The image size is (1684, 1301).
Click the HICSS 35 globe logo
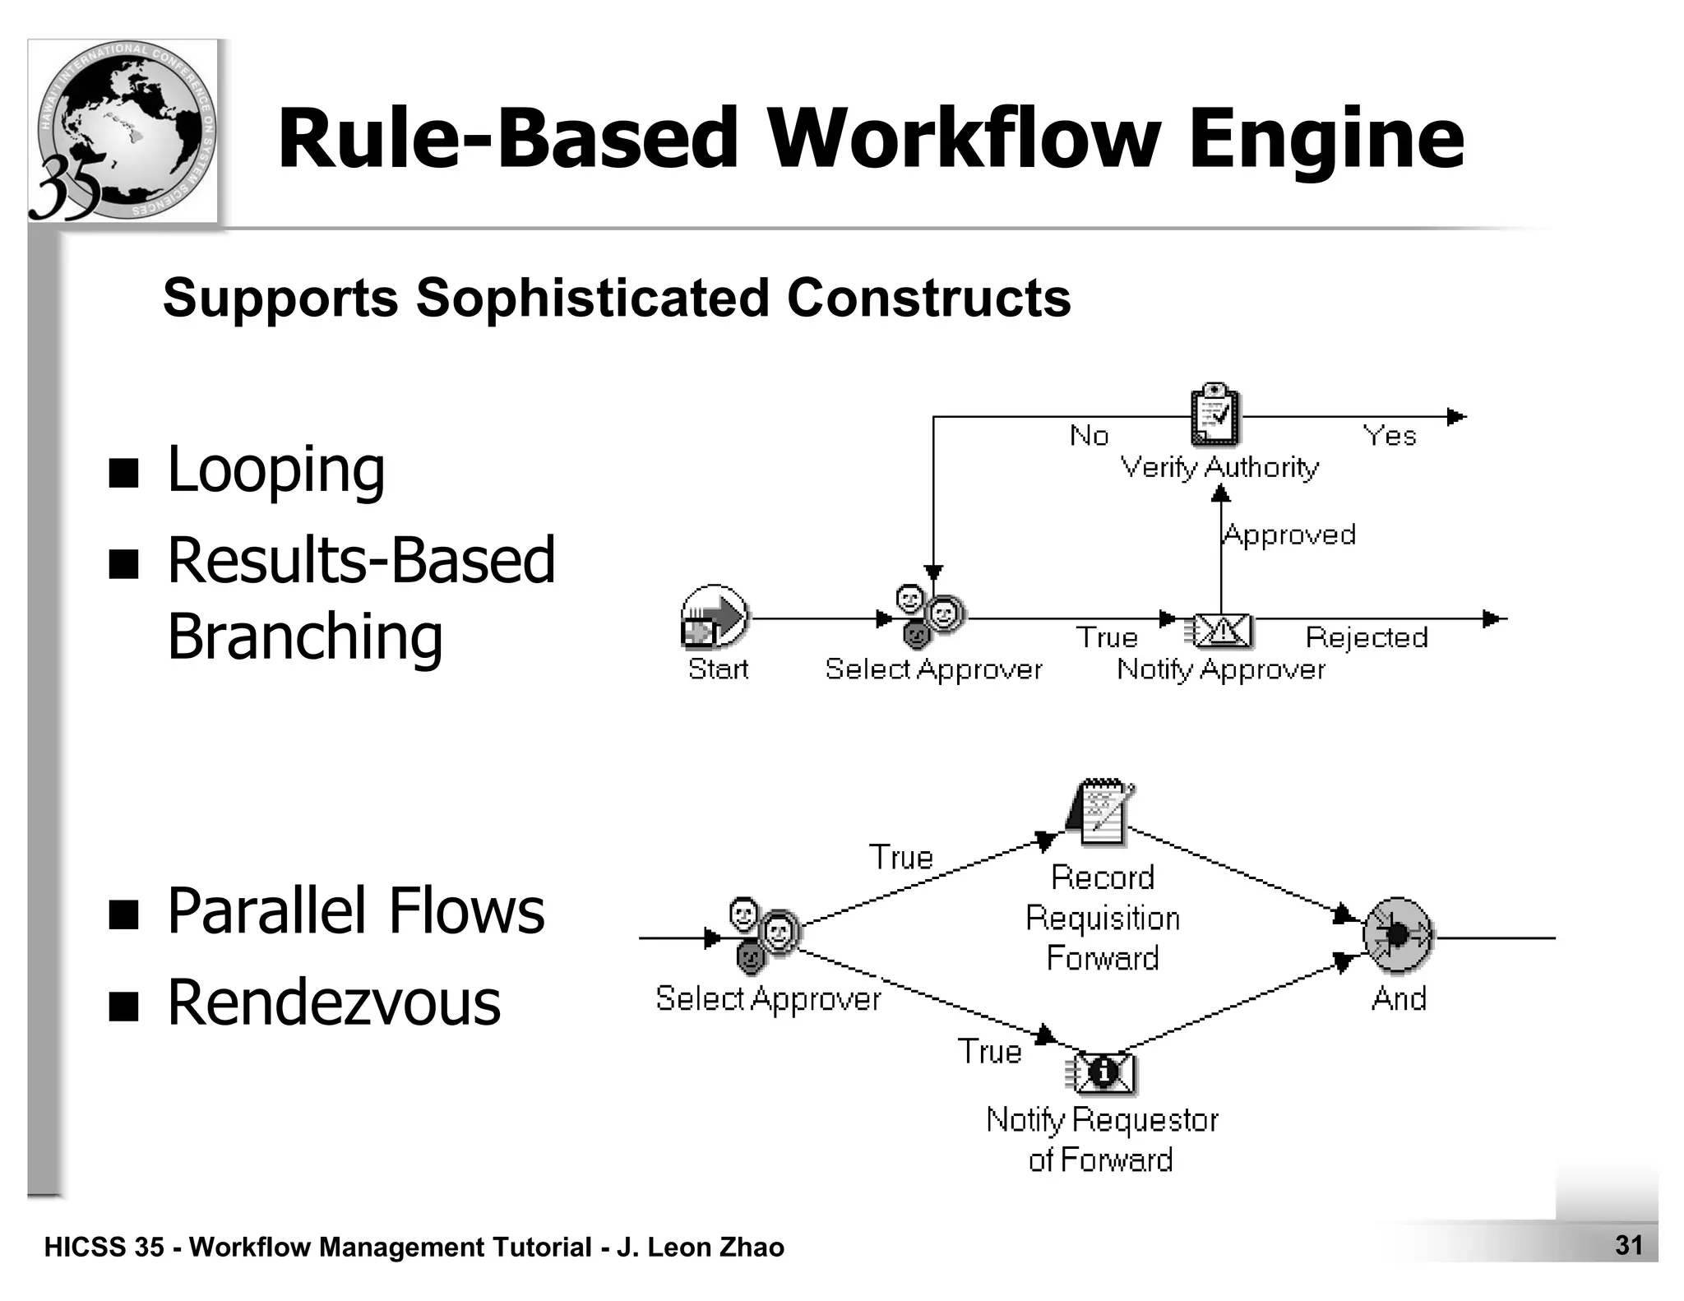[x=123, y=132]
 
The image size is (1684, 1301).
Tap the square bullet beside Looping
[x=123, y=473]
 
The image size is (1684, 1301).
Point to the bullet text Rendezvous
[x=333, y=1002]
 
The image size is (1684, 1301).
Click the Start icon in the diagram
[x=714, y=617]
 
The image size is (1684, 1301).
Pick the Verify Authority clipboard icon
[x=1214, y=414]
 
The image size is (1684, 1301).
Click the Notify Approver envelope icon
[x=1219, y=632]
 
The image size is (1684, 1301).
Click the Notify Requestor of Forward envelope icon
[x=1102, y=1072]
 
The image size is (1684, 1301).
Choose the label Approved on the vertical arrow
[x=1289, y=535]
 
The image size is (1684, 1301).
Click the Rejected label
[x=1366, y=637]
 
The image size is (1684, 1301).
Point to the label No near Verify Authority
[x=1089, y=435]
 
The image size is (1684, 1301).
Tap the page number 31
[x=1629, y=1245]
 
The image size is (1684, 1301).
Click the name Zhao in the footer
[x=751, y=1247]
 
